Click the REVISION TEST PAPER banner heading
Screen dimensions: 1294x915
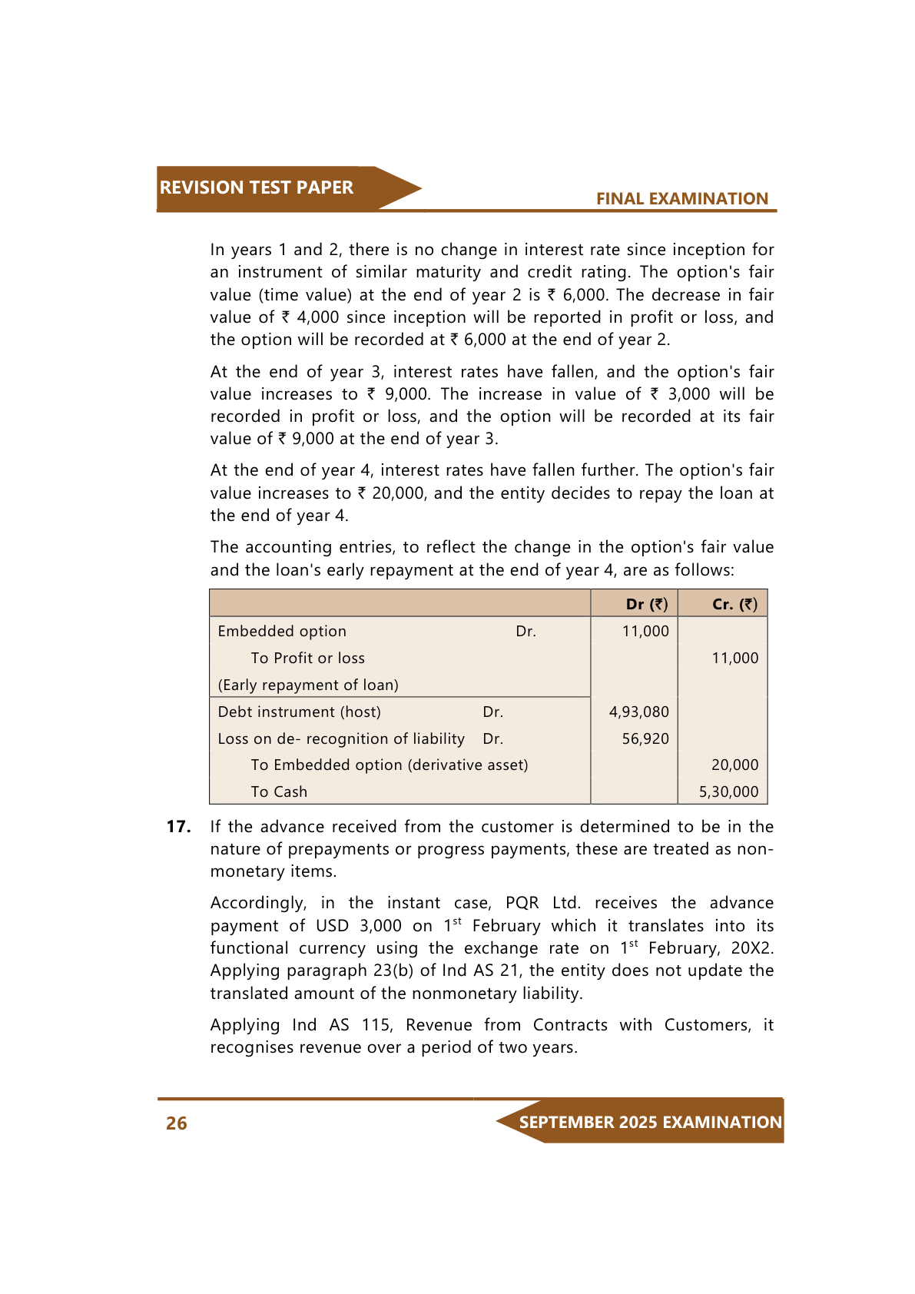(256, 187)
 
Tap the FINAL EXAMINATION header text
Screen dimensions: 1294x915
(681, 199)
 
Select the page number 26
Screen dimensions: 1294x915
(177, 1123)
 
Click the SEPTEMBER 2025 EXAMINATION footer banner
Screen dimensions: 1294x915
(650, 1122)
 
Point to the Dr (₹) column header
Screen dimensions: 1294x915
(647, 604)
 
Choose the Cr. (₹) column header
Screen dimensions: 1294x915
(734, 604)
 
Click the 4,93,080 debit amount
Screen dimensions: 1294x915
(638, 712)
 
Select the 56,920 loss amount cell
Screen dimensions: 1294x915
(645, 738)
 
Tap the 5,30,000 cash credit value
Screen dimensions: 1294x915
(728, 791)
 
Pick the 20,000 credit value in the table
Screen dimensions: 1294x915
(734, 765)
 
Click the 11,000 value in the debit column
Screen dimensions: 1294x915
(645, 631)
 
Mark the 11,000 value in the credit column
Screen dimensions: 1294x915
(734, 658)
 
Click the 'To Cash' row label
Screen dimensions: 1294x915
(279, 791)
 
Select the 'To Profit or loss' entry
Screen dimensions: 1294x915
(307, 658)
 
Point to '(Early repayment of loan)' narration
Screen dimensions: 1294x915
(308, 685)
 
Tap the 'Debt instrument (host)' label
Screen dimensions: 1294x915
(299, 712)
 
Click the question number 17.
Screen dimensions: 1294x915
(178, 827)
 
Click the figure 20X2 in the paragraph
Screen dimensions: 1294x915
(752, 948)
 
